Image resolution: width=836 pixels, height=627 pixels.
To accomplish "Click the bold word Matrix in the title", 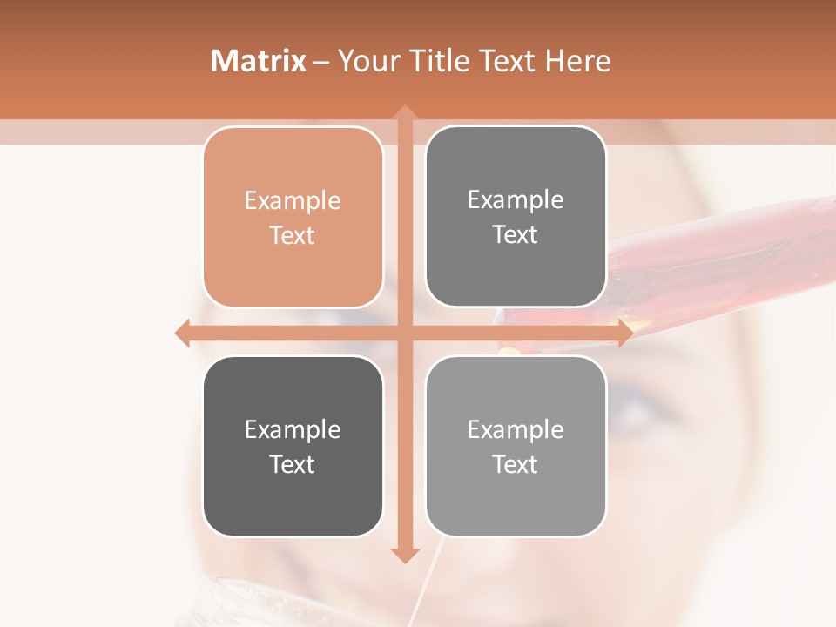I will (x=259, y=61).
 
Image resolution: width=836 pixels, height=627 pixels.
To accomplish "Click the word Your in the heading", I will (x=366, y=61).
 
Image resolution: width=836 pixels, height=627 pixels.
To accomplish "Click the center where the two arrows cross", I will (x=404, y=333).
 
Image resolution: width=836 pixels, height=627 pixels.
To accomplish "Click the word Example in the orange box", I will (x=293, y=201).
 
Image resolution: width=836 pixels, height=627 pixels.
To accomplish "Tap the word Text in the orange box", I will (x=293, y=236).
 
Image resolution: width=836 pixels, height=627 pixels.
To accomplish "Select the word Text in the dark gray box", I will (x=293, y=465).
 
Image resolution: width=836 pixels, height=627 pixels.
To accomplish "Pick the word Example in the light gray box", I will (x=516, y=430).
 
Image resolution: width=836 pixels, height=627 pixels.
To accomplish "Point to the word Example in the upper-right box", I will (x=516, y=200).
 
